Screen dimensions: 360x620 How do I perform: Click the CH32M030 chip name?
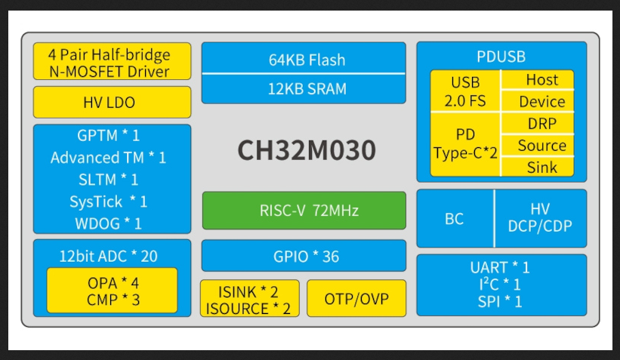click(307, 150)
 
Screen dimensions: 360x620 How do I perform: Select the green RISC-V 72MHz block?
click(304, 211)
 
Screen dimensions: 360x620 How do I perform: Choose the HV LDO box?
click(112, 103)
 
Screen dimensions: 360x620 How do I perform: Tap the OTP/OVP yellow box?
click(356, 299)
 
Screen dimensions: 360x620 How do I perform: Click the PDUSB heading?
click(501, 57)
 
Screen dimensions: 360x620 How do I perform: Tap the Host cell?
click(542, 79)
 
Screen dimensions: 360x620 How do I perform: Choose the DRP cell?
click(542, 124)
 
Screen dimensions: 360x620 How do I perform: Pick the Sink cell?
click(542, 168)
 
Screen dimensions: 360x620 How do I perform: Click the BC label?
click(455, 219)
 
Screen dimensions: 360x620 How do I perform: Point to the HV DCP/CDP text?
click(540, 218)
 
